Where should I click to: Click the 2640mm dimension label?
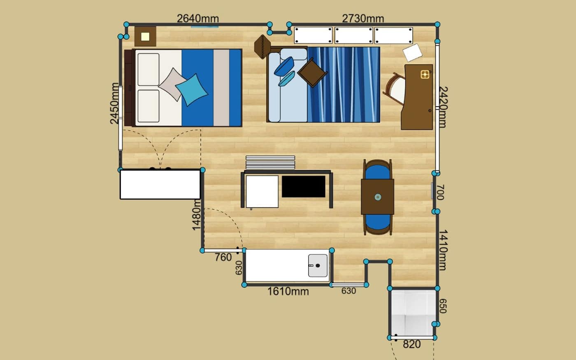click(198, 19)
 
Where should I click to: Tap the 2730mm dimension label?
click(363, 19)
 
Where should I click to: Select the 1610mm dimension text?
click(288, 292)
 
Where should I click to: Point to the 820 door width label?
click(412, 344)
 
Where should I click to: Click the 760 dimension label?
click(223, 257)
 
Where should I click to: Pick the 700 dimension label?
click(440, 193)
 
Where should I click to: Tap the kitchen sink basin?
click(318, 266)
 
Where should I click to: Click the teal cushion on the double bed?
click(192, 90)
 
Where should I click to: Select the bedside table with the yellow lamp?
click(145, 37)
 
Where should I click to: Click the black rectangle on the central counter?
click(304, 187)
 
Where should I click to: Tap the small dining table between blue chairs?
click(378, 197)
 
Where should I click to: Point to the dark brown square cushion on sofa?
click(312, 72)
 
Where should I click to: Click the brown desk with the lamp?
click(417, 97)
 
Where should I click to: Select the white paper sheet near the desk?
click(412, 53)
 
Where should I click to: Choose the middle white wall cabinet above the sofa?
click(353, 35)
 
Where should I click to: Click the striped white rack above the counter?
click(270, 163)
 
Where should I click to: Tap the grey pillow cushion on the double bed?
click(172, 84)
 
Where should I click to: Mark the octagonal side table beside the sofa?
click(262, 47)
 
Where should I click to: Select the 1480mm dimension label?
click(197, 216)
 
